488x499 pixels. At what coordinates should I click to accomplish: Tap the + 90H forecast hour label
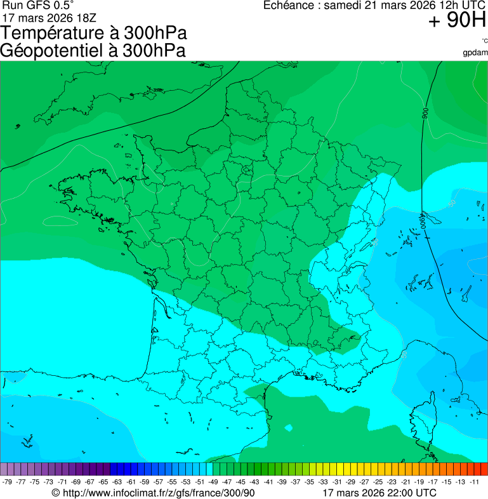tap(457, 21)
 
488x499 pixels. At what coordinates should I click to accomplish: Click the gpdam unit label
tap(475, 53)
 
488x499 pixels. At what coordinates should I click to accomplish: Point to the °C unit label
tap(484, 41)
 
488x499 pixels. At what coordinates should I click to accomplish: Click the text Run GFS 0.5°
tap(38, 6)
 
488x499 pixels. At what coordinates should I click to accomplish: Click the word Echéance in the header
tap(289, 6)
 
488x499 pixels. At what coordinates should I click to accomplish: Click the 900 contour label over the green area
tap(424, 114)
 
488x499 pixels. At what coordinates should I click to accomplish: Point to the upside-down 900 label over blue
tap(422, 220)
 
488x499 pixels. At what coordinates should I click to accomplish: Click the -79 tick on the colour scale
tap(8, 482)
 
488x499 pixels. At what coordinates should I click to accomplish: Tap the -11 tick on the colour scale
tap(474, 482)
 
